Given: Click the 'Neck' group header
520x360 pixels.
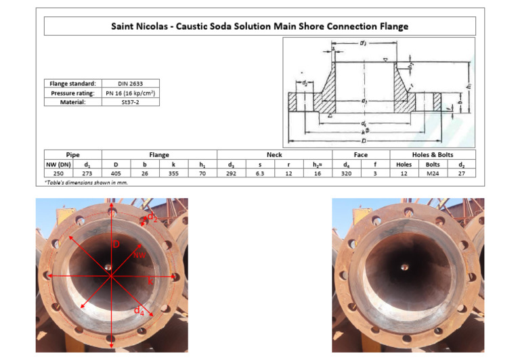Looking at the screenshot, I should (274, 155).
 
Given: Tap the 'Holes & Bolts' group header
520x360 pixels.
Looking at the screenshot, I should (433, 155).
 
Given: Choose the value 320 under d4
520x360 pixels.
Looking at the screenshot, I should (346, 173).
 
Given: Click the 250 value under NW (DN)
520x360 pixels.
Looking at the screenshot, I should (59, 173).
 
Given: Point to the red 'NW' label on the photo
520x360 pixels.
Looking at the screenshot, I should (139, 254).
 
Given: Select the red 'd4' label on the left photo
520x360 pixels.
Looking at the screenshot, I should (139, 311).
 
